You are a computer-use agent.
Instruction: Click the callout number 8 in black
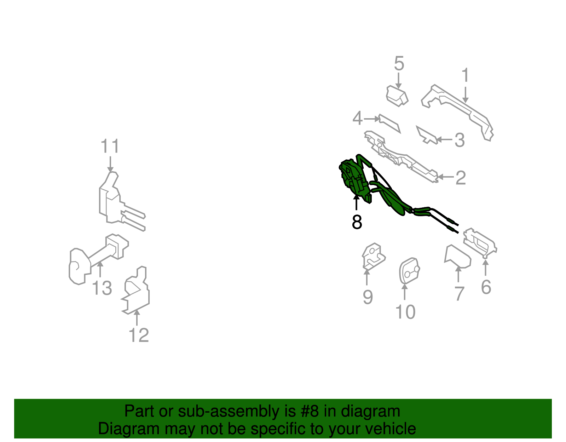(x=357, y=222)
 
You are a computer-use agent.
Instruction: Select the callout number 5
(x=399, y=64)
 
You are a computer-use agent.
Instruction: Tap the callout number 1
(x=465, y=75)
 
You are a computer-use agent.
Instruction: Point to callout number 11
(x=110, y=146)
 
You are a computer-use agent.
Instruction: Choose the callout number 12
(x=139, y=335)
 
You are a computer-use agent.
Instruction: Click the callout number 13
(x=102, y=288)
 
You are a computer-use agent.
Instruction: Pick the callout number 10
(x=405, y=312)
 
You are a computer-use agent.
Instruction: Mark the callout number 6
(x=486, y=287)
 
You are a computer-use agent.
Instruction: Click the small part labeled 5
(x=397, y=95)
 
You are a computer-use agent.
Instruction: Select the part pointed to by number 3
(x=426, y=135)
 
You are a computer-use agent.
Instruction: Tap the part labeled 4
(x=389, y=122)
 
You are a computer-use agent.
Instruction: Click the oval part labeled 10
(x=409, y=271)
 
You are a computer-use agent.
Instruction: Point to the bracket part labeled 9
(x=373, y=257)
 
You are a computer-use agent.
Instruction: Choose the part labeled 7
(x=457, y=256)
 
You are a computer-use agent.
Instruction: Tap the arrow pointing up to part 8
(x=357, y=203)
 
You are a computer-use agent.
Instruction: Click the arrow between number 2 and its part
(x=445, y=177)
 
